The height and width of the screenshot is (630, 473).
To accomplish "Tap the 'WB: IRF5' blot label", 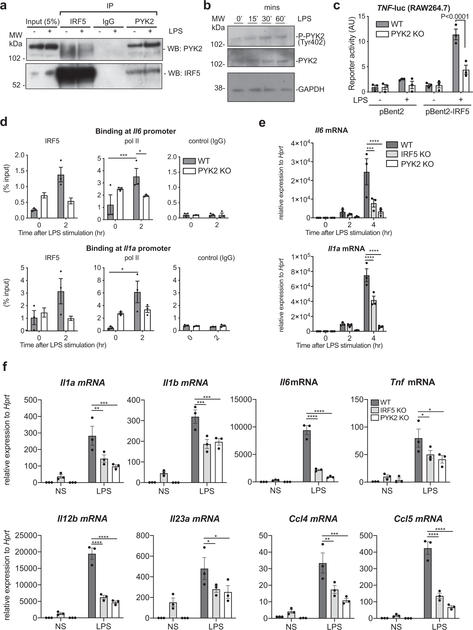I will tap(184, 73).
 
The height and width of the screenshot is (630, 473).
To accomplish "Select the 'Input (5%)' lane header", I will tap(43, 22).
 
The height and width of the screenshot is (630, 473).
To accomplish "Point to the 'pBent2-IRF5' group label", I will tap(447, 111).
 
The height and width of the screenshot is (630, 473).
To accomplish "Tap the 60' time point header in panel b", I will tap(280, 19).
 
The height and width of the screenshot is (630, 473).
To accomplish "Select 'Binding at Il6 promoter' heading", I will tap(135, 131).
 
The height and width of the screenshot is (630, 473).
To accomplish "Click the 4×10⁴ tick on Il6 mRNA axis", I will tap(300, 143).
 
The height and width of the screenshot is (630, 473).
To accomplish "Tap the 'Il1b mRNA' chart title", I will tap(185, 383).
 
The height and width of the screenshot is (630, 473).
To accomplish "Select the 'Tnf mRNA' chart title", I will tap(412, 382).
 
